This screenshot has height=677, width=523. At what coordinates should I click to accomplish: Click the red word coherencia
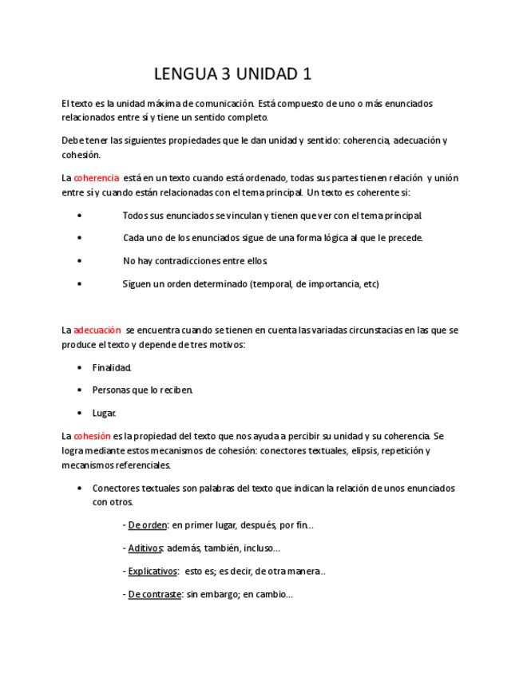click(x=97, y=178)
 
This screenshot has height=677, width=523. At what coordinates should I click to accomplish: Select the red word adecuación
click(x=97, y=330)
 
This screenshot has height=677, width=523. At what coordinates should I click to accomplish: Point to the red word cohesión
click(x=92, y=436)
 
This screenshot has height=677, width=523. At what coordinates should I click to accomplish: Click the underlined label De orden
click(x=148, y=525)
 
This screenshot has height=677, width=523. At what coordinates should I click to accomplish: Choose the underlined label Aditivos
click(x=145, y=548)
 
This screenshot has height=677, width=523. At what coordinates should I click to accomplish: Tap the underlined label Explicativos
click(x=153, y=571)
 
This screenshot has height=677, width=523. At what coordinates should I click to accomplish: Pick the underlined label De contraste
click(x=155, y=594)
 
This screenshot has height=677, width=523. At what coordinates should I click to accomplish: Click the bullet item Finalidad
click(x=112, y=368)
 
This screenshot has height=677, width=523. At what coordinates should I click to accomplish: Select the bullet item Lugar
click(x=105, y=414)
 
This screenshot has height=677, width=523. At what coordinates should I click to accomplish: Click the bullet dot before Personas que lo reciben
click(x=80, y=390)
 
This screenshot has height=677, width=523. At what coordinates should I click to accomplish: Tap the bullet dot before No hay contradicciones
click(x=80, y=261)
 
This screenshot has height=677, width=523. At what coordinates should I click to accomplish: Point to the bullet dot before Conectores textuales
click(x=80, y=488)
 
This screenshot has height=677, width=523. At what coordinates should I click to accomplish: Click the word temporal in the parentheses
click(x=272, y=284)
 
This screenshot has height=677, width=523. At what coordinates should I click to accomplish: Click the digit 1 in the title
click(x=307, y=75)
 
